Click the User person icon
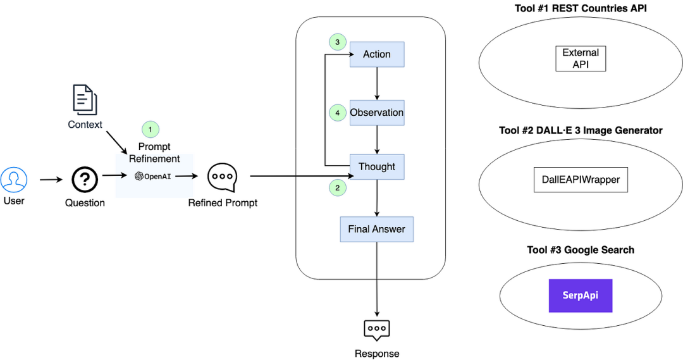(14, 180)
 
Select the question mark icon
(84, 180)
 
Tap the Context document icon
(84, 100)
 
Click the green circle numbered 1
(150, 129)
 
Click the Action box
(377, 54)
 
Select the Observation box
(377, 113)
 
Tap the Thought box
(377, 167)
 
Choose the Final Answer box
(377, 229)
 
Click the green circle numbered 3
(338, 42)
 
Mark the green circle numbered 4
(338, 113)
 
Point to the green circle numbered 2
(338, 187)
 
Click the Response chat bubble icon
(377, 329)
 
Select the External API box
(581, 59)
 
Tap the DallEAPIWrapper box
(581, 180)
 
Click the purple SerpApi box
(581, 295)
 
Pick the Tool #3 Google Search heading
(581, 250)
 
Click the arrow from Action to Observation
(378, 84)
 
